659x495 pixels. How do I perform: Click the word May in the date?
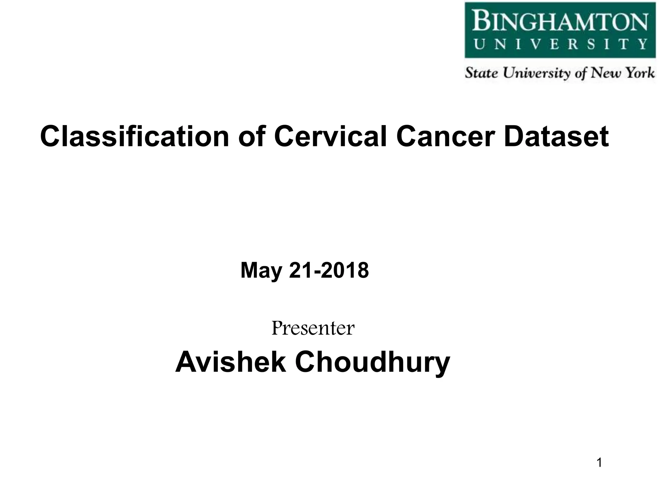tap(261, 271)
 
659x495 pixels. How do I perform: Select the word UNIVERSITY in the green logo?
tap(560, 44)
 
